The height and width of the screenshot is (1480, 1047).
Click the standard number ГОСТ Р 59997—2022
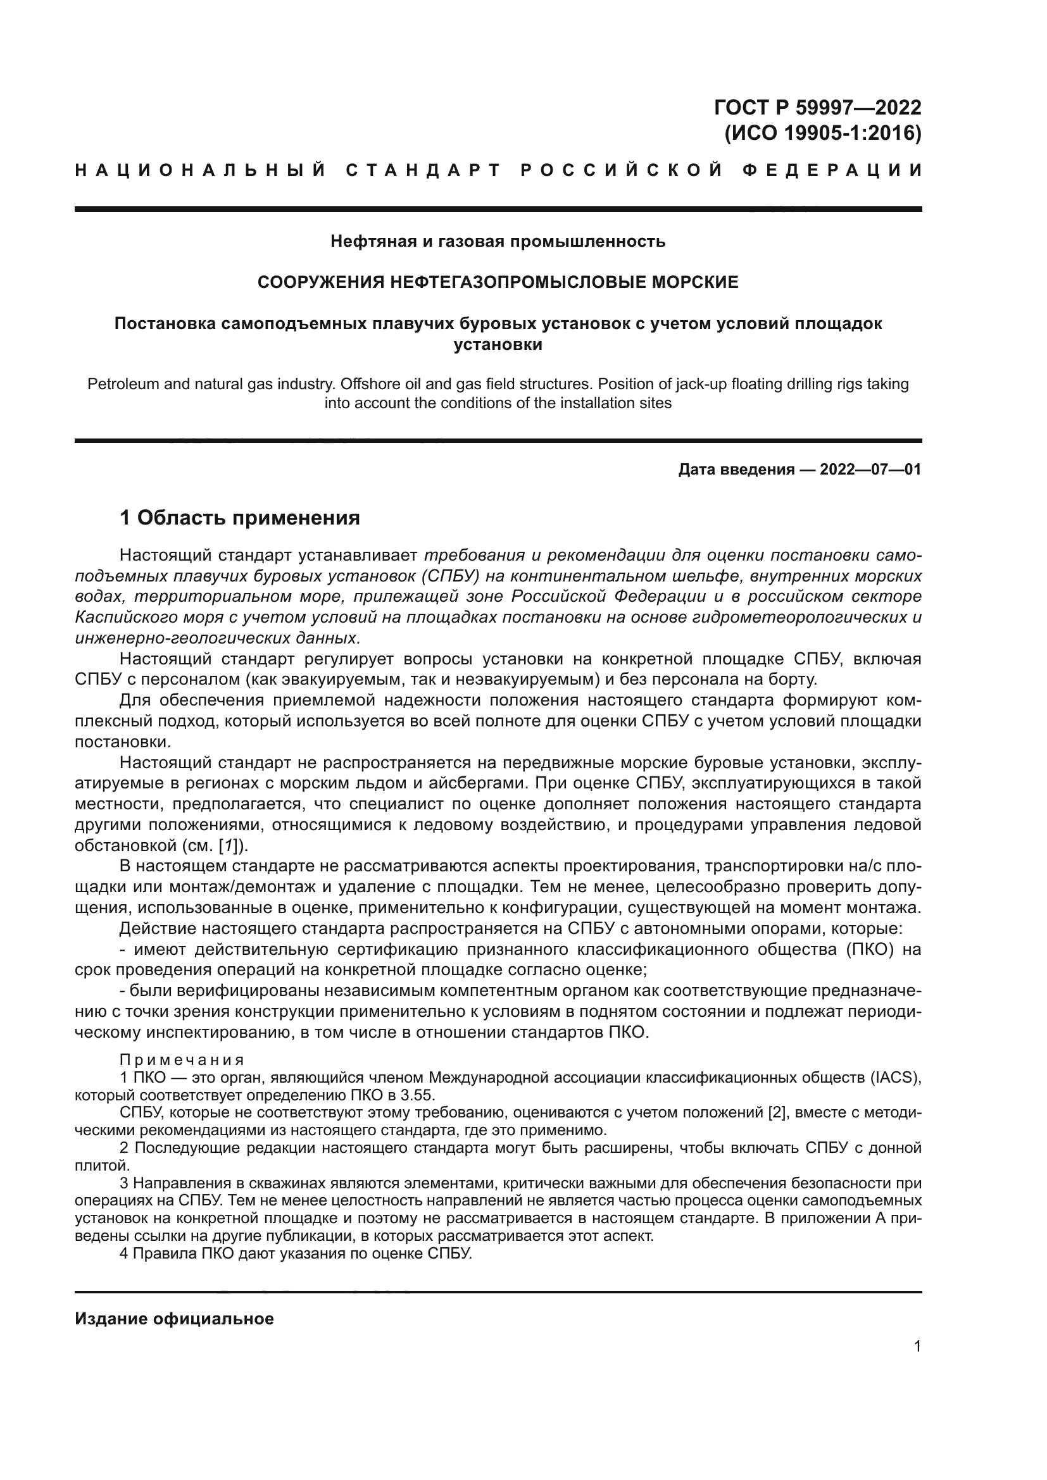tap(817, 107)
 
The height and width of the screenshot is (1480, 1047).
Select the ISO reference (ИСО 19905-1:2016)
tap(823, 133)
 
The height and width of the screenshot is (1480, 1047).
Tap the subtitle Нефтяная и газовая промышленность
tap(498, 241)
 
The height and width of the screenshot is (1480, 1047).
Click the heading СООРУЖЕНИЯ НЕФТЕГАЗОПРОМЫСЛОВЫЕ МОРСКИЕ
tap(498, 282)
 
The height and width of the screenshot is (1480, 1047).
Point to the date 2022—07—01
tap(870, 469)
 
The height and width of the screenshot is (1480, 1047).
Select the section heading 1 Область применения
tap(240, 517)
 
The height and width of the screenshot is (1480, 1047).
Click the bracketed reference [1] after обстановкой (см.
tap(230, 845)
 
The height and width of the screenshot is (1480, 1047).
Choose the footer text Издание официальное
tap(174, 1319)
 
